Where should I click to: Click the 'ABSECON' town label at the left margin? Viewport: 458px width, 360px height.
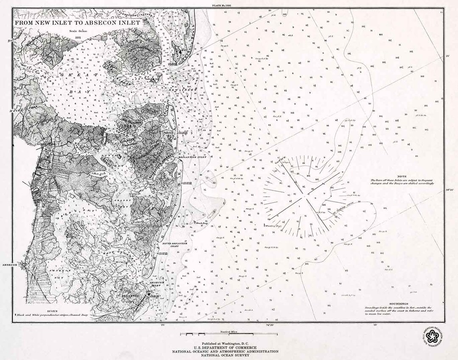pyautogui.click(x=9, y=265)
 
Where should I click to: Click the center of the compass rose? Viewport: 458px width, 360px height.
pyautogui.click(x=304, y=197)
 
